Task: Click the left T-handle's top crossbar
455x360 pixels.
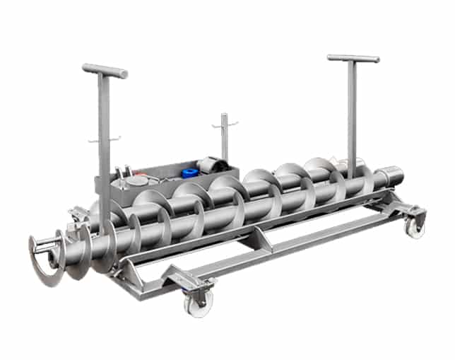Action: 105,70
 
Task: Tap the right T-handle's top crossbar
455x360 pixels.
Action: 353,58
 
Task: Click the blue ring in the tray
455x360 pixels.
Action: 189,173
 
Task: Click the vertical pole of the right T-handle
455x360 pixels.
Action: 351,113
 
